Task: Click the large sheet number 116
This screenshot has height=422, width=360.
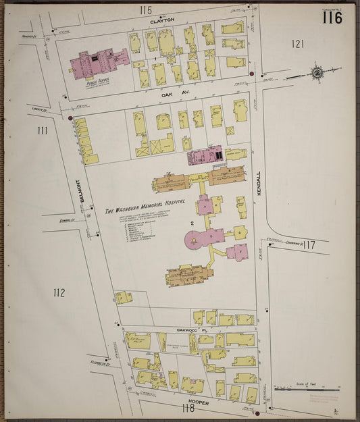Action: pos(332,17)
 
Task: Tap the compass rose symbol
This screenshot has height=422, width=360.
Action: pos(316,72)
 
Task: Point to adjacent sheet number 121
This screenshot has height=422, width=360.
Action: pos(297,45)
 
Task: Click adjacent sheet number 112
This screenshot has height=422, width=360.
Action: pos(59,292)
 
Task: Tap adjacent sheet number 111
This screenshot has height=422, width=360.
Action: pos(43,130)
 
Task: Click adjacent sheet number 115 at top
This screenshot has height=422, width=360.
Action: pos(146,10)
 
